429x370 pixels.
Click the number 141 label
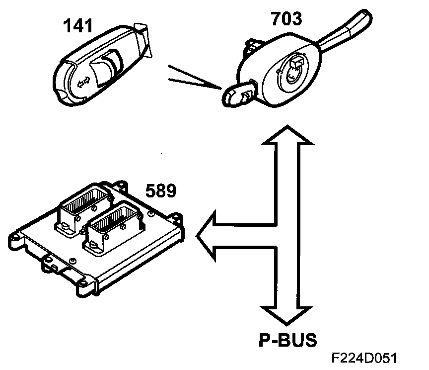point(77,25)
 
